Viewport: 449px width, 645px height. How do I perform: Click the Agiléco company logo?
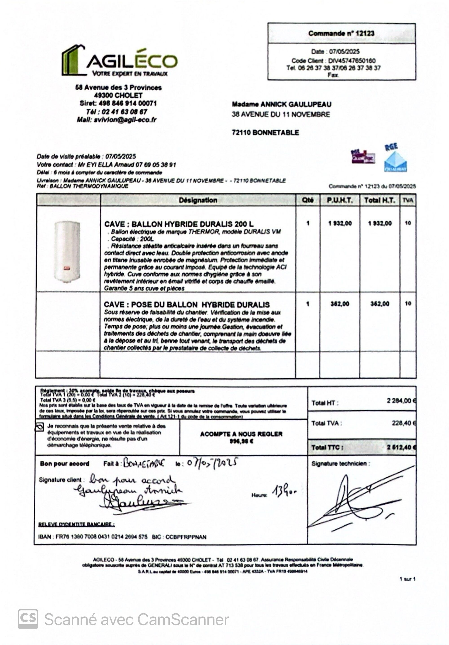tap(119, 61)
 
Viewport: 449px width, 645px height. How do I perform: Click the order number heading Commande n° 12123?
tap(341, 33)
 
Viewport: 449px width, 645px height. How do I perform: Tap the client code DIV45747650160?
tap(351, 61)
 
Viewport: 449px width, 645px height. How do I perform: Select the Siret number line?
tap(118, 103)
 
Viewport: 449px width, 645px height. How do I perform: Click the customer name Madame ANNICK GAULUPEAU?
tap(282, 105)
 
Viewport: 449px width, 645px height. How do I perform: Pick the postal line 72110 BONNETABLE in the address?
tap(265, 133)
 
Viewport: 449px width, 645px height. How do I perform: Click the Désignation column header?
tap(198, 200)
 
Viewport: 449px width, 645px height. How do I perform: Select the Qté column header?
tap(308, 200)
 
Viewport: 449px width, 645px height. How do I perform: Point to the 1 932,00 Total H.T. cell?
tap(380, 223)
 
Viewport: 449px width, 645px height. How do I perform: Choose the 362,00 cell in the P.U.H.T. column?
tap(340, 304)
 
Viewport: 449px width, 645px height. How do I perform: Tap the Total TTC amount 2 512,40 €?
tap(400, 447)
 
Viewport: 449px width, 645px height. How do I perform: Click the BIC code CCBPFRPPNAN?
tap(186, 537)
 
